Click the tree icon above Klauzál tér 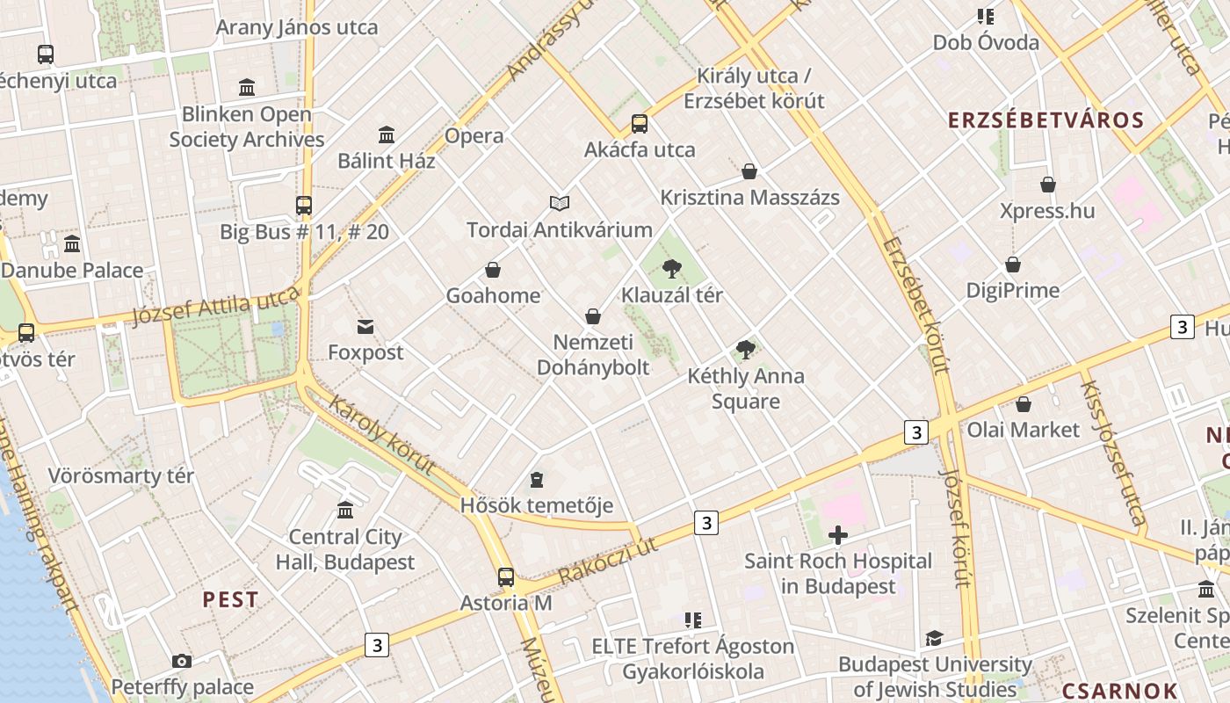672,268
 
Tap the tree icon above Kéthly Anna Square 746,350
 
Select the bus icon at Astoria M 506,576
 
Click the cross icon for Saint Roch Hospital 838,534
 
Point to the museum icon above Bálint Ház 387,134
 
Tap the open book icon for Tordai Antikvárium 560,203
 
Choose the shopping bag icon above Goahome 493,269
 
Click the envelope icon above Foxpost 365,327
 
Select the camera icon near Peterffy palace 182,661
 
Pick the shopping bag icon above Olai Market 1023,404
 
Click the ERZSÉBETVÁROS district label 1045,120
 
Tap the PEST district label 231,600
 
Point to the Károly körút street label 382,435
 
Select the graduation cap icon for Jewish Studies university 934,638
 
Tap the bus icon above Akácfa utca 640,123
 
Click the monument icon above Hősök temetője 537,480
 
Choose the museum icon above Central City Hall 345,510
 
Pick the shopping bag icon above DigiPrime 1013,265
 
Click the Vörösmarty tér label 121,476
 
